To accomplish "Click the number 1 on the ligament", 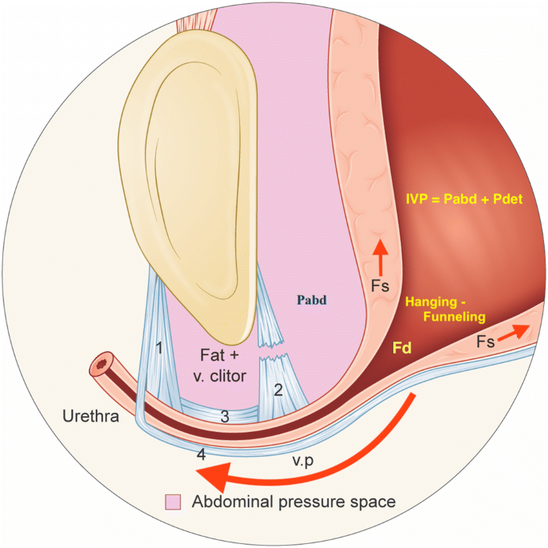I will [x=159, y=348].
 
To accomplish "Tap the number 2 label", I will [x=278, y=390].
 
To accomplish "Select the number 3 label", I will [x=225, y=416].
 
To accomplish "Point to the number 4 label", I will [x=202, y=454].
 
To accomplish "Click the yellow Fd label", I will [x=402, y=349].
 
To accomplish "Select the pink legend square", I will [x=172, y=502].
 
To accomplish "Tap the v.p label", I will [x=302, y=462].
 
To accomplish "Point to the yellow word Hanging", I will [x=438, y=302].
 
